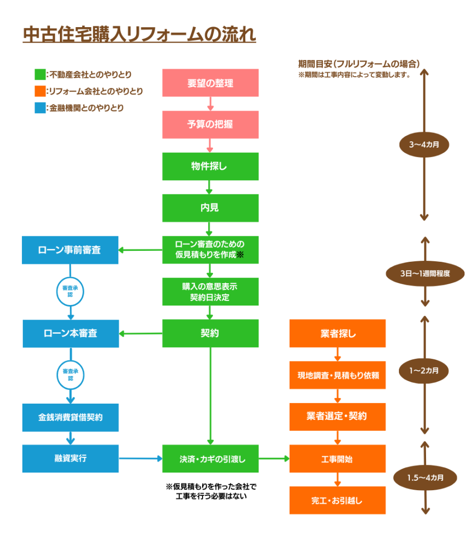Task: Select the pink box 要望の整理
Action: tap(210, 83)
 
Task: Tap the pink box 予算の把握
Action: tap(210, 125)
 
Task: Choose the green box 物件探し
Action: tap(210, 166)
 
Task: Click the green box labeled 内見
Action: tap(210, 208)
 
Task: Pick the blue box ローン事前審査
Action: tap(70, 250)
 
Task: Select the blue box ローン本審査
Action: tap(70, 333)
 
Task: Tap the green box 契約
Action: tap(210, 333)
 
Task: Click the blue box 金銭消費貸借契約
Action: tap(70, 417)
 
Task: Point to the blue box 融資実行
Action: tap(70, 458)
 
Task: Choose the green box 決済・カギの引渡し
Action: tap(210, 459)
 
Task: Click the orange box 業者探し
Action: tap(337, 333)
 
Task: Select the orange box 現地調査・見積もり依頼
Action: tap(337, 375)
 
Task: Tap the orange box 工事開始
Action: tap(337, 459)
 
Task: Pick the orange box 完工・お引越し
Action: tap(337, 501)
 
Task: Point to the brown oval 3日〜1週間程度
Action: tap(424, 273)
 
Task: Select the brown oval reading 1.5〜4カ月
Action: tap(424, 477)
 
